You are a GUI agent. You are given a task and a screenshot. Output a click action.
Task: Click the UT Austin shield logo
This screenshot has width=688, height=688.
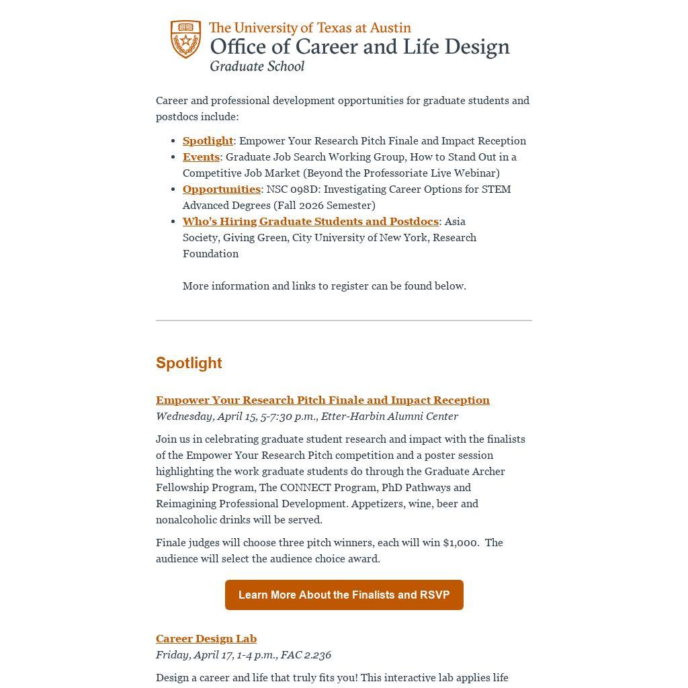(x=185, y=39)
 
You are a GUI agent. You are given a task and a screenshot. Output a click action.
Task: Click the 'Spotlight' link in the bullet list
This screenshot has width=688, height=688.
(x=208, y=141)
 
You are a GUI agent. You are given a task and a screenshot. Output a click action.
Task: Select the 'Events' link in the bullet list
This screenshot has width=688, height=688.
(x=201, y=157)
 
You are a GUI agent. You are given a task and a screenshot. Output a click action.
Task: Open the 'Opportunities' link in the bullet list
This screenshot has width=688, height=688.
(x=221, y=189)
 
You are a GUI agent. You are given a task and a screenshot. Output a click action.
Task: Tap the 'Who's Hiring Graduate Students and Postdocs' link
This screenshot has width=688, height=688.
(x=310, y=222)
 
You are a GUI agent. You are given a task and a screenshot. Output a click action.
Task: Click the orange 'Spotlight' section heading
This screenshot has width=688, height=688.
(x=189, y=363)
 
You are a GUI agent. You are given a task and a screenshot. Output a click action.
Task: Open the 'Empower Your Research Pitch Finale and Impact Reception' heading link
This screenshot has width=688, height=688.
(x=322, y=400)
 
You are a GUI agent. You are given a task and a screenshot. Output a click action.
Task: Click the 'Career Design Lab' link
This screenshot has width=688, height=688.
(x=206, y=639)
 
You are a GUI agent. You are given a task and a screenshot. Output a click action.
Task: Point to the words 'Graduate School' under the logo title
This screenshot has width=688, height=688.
(x=257, y=67)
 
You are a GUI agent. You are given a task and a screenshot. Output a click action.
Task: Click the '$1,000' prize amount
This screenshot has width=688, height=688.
(x=460, y=543)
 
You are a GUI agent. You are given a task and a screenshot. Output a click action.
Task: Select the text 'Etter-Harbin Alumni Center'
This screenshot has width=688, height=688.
(x=389, y=417)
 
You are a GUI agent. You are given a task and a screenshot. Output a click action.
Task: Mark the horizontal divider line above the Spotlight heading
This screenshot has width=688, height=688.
(x=344, y=320)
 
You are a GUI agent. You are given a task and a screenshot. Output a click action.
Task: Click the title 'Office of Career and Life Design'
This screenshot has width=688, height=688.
(x=359, y=47)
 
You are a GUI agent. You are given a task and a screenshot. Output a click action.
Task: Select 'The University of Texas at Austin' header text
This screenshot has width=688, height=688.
(x=310, y=28)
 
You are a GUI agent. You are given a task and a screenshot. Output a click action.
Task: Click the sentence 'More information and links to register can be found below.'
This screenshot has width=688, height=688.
(x=324, y=286)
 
